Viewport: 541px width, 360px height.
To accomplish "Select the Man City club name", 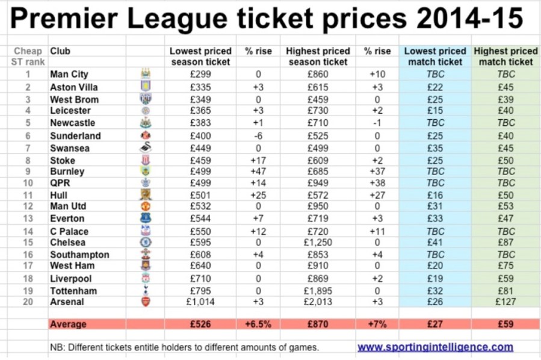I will click(69, 75).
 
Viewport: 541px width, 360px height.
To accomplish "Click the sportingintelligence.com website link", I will click(435, 347).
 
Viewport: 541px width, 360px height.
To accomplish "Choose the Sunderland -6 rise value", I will click(257, 135).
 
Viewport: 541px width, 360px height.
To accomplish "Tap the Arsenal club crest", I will click(145, 302).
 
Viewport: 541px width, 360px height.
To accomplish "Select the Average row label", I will click(69, 324).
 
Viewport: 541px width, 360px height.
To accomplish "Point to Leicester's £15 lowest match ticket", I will click(434, 111).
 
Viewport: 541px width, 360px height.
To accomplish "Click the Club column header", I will click(60, 51).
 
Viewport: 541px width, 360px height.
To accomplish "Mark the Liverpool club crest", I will click(145, 279).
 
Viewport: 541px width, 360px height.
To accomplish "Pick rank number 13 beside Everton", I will click(27, 219).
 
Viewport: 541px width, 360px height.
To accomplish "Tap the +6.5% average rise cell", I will click(257, 324).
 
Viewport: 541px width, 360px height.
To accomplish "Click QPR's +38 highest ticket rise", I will click(377, 183).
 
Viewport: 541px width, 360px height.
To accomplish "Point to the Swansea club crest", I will click(145, 148).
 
